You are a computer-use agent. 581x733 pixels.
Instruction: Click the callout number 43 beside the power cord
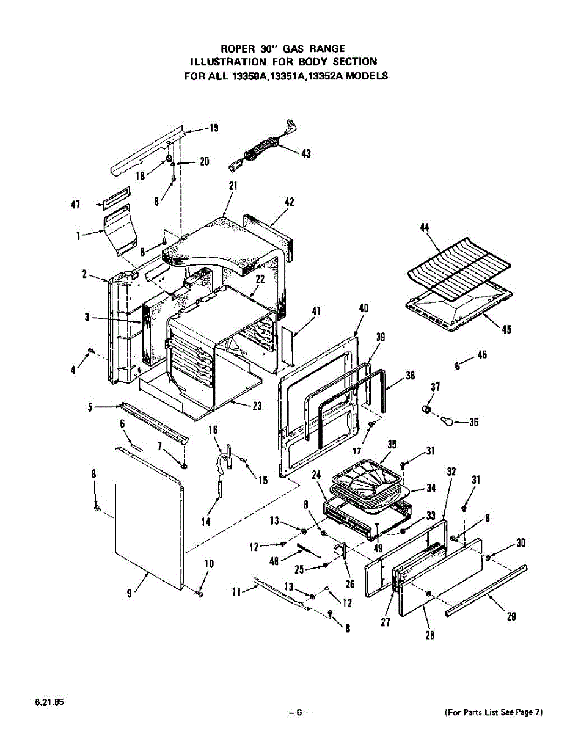click(305, 154)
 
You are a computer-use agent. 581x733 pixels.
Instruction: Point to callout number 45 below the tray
click(506, 330)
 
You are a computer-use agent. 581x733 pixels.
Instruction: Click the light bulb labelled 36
click(450, 421)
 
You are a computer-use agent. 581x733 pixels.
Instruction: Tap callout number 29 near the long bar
click(512, 617)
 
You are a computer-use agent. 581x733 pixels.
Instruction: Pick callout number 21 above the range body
click(233, 186)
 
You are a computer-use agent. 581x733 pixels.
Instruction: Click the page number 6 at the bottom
click(299, 712)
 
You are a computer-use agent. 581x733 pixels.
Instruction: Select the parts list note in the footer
click(493, 712)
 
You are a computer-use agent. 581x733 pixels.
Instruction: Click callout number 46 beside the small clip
click(482, 354)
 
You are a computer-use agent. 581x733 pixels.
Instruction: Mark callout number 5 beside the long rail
click(90, 406)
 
